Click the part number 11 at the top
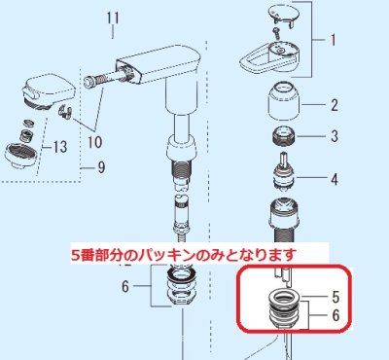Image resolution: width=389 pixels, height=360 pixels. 113,18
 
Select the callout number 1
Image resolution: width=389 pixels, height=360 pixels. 332,42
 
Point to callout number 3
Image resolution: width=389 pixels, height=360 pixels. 334,136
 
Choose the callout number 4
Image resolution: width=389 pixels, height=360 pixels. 334,178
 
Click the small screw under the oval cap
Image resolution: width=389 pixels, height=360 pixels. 276,34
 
